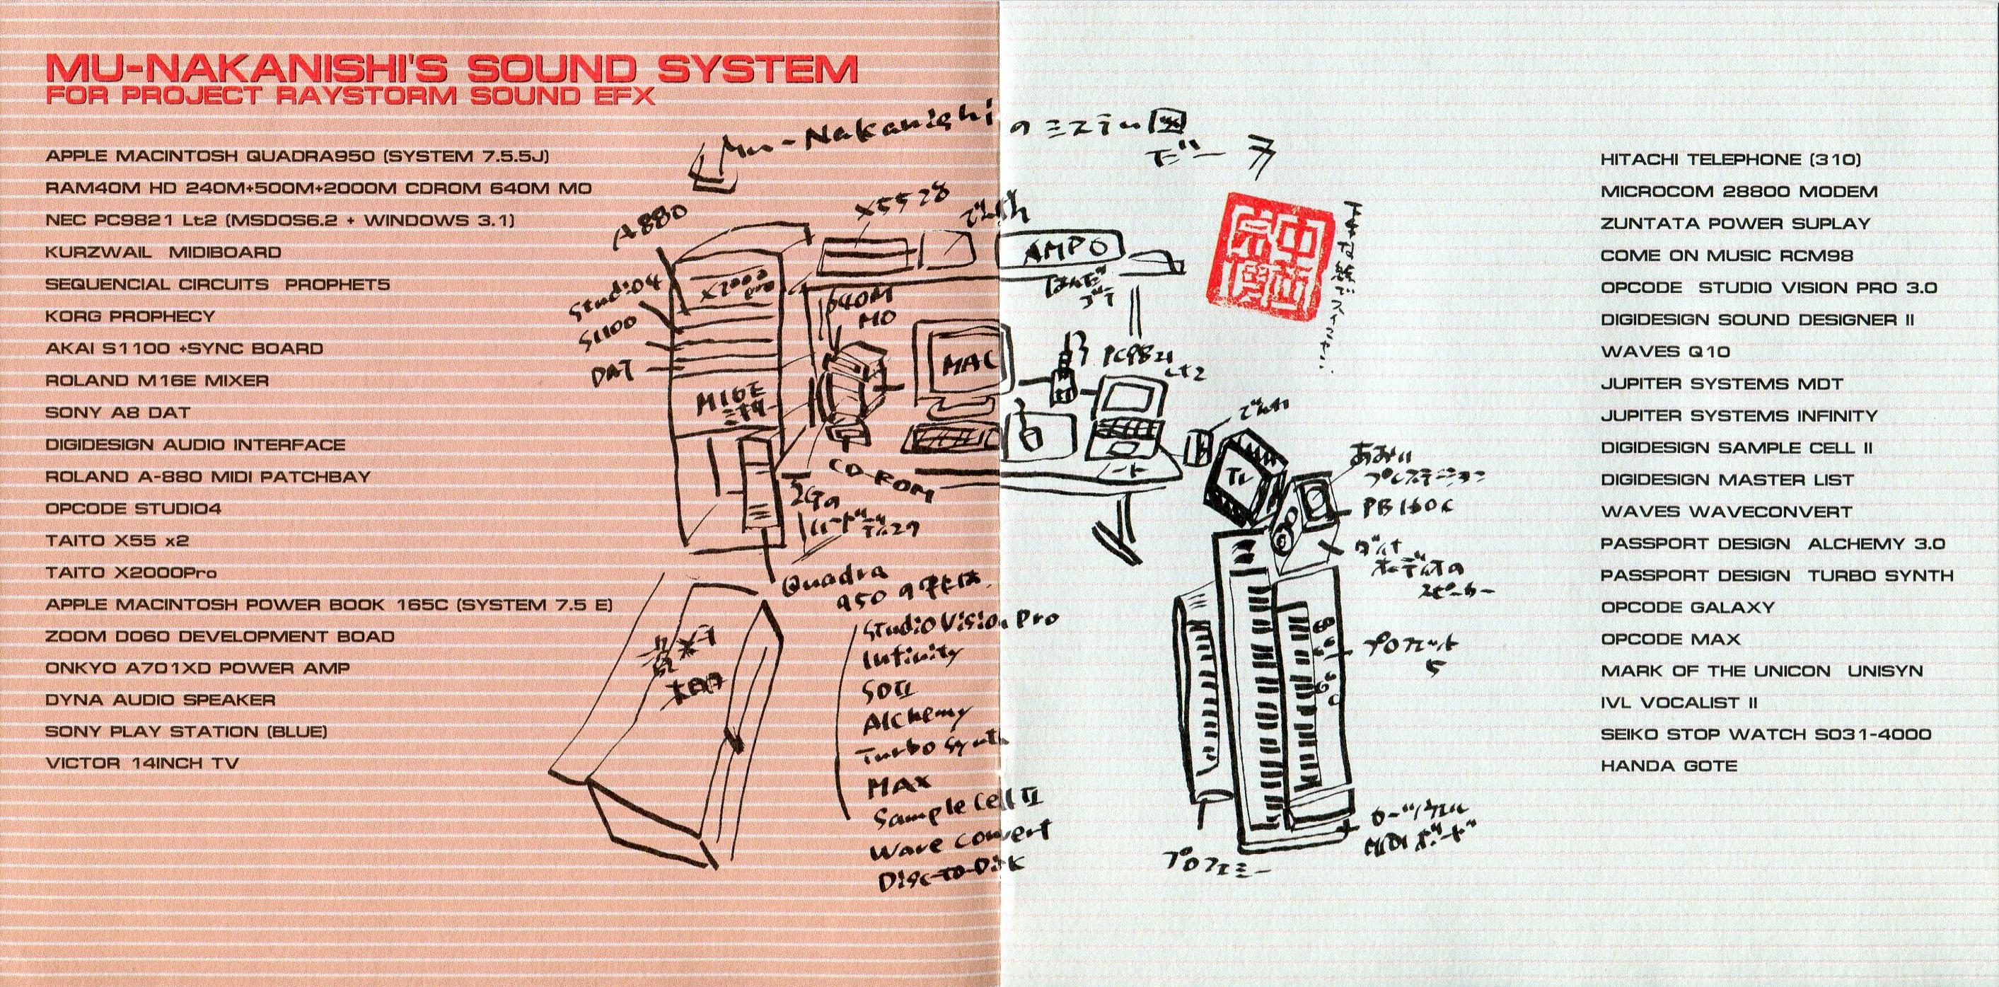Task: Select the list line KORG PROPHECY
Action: [x=129, y=316]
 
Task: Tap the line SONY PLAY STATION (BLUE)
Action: [x=185, y=732]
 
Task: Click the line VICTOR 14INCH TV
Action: [x=141, y=763]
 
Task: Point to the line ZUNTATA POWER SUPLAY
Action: [x=1735, y=224]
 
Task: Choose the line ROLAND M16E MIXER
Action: [x=157, y=381]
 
